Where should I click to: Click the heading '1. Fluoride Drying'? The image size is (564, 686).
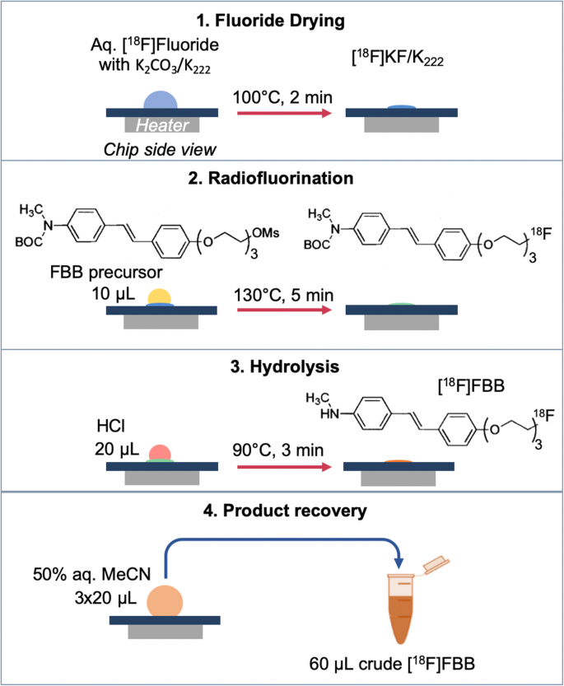(x=282, y=16)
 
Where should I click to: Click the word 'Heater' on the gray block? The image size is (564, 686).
(x=161, y=124)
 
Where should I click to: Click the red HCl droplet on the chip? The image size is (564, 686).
(x=160, y=454)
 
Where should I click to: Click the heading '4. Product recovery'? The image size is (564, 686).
(x=282, y=510)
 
